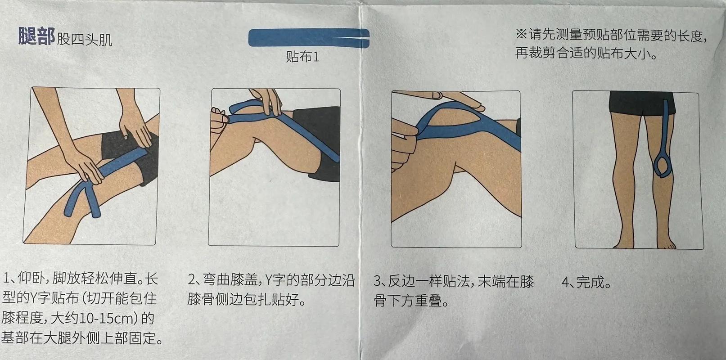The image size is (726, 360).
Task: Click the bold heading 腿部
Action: point(36,36)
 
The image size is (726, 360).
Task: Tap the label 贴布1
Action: point(302,57)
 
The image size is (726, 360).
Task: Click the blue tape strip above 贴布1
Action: point(308,38)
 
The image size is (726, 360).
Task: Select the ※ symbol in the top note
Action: point(521,34)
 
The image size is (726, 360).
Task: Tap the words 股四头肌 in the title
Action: point(85,40)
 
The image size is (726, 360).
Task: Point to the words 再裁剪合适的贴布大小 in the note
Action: point(585,54)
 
